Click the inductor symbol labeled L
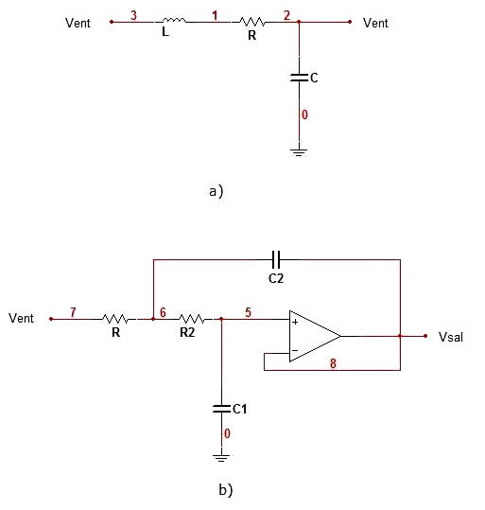click(x=174, y=21)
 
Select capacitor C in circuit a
click(x=299, y=78)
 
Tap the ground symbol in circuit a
click(x=299, y=152)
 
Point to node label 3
click(x=133, y=15)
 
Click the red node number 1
click(x=215, y=15)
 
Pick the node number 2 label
click(x=286, y=15)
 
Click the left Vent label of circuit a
click(x=78, y=23)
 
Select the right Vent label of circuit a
click(x=375, y=23)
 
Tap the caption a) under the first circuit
click(x=217, y=191)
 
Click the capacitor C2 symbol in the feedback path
click(x=276, y=259)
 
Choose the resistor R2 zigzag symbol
click(x=193, y=319)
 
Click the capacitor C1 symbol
click(x=221, y=409)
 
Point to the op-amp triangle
click(x=315, y=336)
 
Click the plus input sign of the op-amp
click(x=295, y=322)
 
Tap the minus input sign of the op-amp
click(x=295, y=350)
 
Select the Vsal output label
click(x=451, y=337)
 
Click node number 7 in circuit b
click(x=73, y=312)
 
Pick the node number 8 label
click(x=333, y=363)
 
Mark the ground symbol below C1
click(x=221, y=458)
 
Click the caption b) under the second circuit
click(x=226, y=490)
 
